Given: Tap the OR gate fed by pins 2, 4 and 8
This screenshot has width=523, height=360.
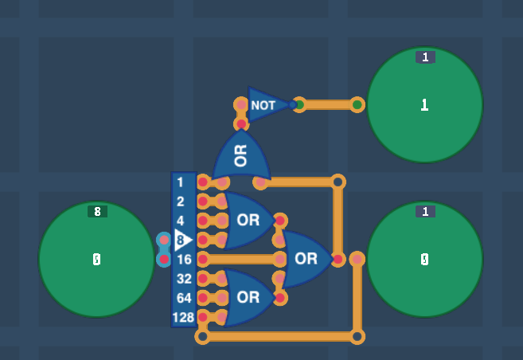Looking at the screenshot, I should coord(247,220).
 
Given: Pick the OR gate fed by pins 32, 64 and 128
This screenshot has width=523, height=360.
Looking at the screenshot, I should coord(247,297).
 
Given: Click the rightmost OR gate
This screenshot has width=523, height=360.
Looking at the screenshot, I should coord(306,259).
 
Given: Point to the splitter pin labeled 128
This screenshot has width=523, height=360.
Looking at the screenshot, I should coord(183,317).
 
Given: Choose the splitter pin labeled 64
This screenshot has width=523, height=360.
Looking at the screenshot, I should coord(183,298).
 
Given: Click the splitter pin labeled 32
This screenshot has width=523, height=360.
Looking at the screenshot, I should coord(183,278).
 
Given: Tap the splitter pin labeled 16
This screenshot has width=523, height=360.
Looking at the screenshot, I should coord(183,259).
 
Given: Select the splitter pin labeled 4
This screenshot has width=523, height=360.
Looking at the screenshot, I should coord(181,221).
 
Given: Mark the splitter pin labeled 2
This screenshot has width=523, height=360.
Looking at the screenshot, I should coord(181,202).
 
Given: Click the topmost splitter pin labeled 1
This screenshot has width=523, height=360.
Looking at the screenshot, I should coord(181,182).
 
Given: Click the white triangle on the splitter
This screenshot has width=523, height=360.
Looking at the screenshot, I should coord(182,240).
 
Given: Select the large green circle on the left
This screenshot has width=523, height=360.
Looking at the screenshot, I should coord(96,260).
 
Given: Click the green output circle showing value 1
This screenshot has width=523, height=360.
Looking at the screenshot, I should coord(424,104).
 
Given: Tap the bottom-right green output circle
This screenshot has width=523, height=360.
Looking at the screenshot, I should coord(424,260).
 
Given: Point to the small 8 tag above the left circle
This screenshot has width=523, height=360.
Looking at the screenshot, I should coord(97,212).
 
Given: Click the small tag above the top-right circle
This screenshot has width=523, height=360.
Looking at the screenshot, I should coord(425,57).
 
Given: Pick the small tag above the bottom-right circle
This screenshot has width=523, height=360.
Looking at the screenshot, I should coord(425,212).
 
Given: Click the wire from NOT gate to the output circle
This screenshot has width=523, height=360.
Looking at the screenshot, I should coord(328,104).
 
